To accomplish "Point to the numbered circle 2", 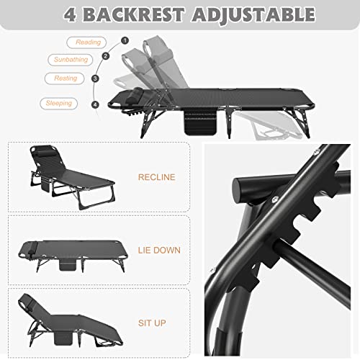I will [106, 56].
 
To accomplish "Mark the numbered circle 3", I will [95, 78].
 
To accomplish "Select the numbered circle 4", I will [95, 104].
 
